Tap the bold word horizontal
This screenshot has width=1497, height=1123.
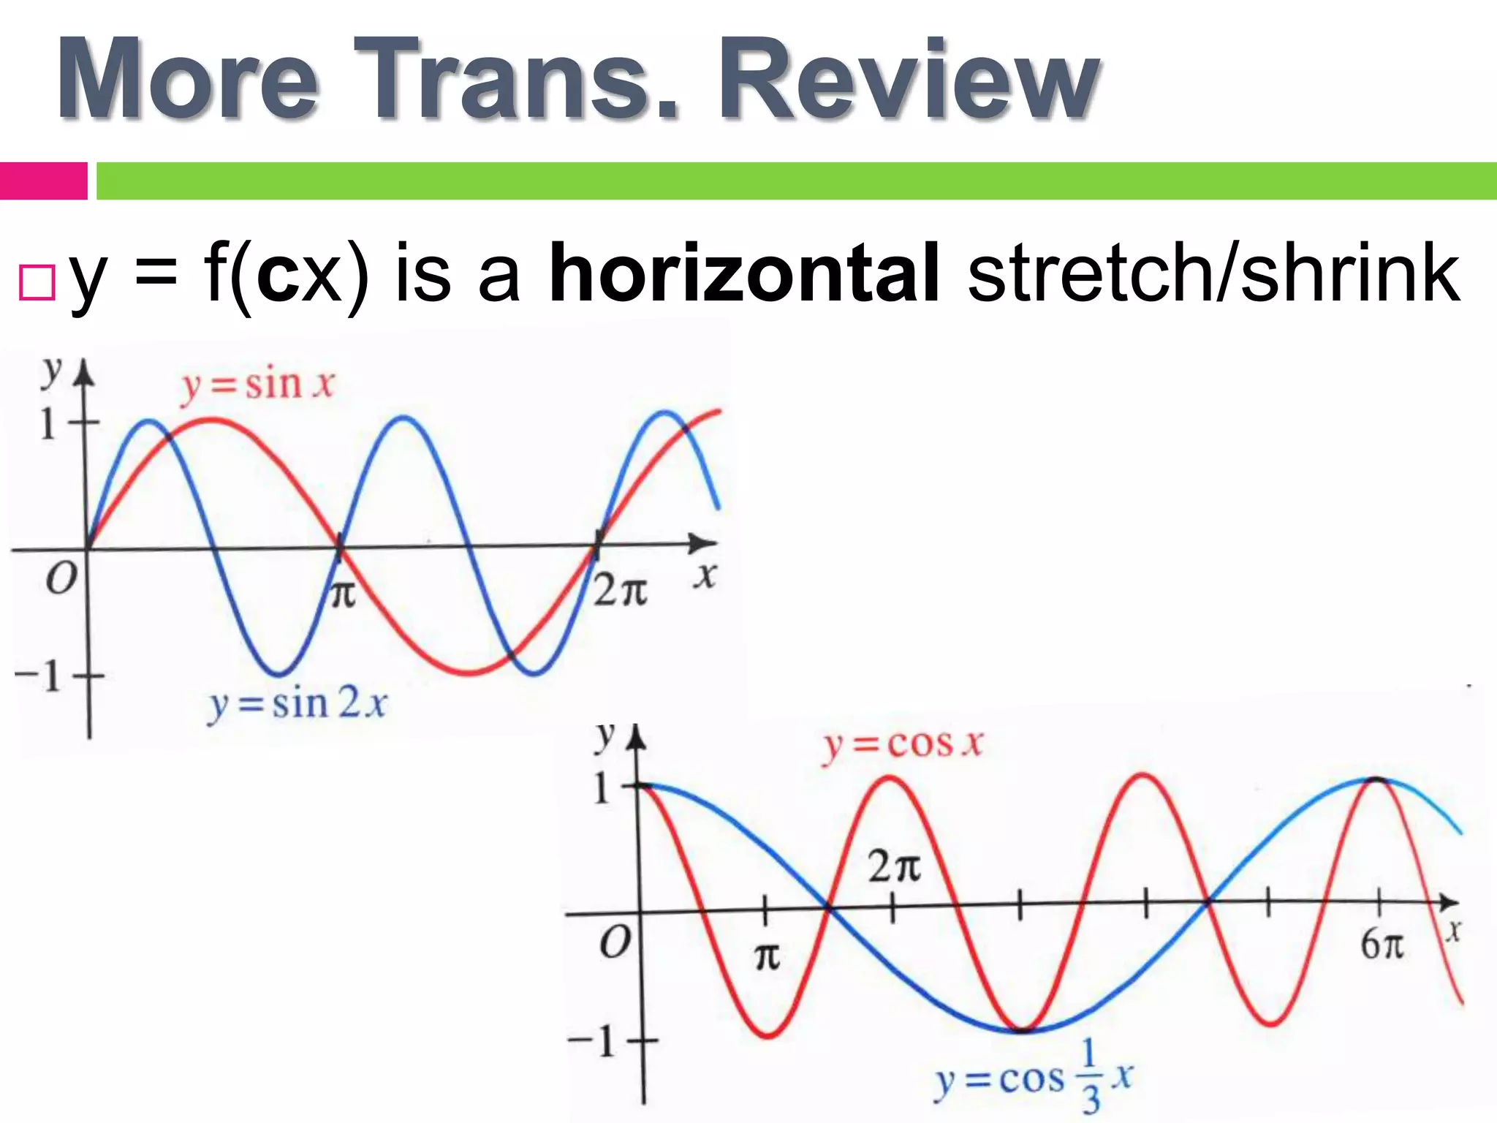tap(744, 273)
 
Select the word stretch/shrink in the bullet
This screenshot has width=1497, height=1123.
tap(1213, 273)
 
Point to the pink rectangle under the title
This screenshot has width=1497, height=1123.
tap(43, 181)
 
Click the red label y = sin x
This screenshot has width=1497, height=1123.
tap(257, 385)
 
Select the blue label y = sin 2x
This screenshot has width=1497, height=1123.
tap(297, 705)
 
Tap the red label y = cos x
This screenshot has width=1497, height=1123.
tap(903, 745)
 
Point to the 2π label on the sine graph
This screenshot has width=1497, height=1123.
tap(620, 591)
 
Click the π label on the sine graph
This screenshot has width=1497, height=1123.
tap(342, 594)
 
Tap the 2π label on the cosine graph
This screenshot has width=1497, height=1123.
tap(893, 867)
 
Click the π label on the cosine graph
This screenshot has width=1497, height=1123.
tap(766, 956)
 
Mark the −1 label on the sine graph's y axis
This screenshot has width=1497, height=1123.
tap(38, 676)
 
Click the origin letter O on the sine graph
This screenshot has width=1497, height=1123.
tap(61, 580)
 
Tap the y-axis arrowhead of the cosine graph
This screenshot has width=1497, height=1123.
tap(637, 736)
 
